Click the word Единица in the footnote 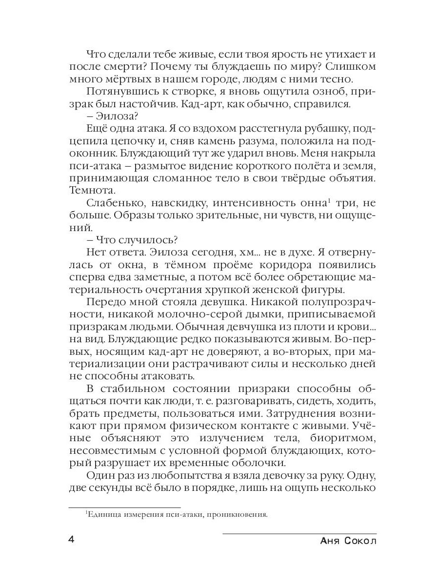click(x=103, y=514)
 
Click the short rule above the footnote click(x=124, y=507)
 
